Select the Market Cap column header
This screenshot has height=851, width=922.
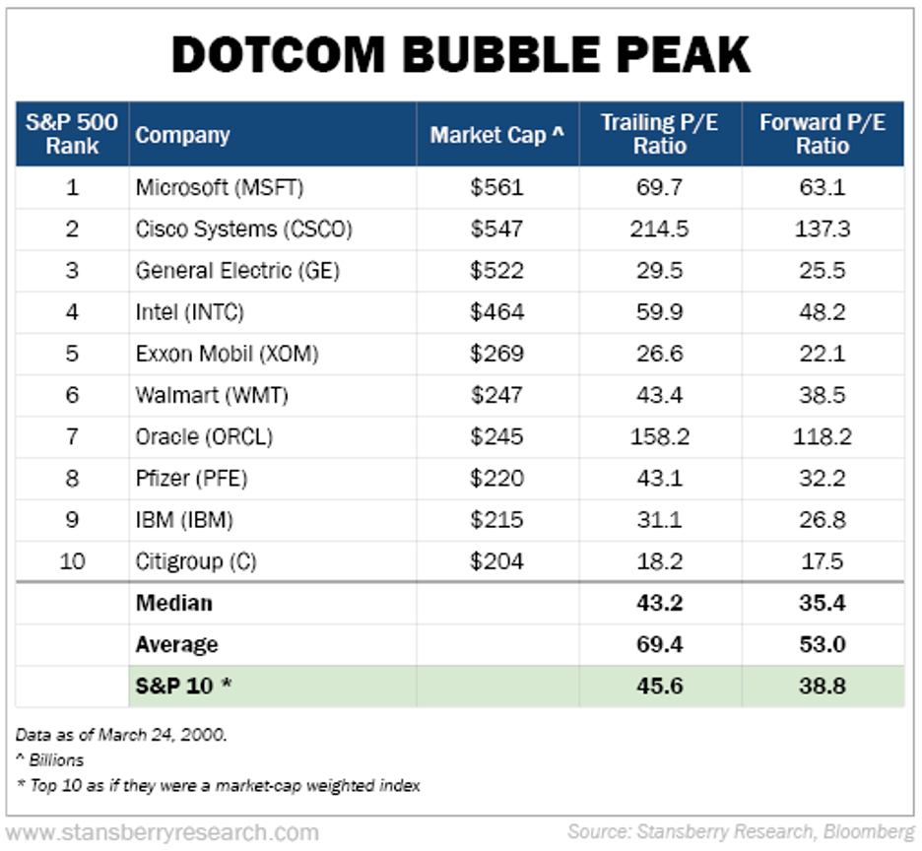496,135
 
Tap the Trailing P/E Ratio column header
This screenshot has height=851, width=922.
659,134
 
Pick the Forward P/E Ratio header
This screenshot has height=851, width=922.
822,134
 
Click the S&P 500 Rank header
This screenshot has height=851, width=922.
71,134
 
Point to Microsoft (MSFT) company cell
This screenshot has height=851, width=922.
220,187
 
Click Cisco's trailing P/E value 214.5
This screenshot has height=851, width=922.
659,229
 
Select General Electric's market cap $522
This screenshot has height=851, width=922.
496,271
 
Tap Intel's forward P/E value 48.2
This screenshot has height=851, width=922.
822,312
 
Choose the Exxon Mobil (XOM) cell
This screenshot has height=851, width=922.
227,354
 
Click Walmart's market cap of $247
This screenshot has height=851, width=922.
496,395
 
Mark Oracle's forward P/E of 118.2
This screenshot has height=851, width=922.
822,436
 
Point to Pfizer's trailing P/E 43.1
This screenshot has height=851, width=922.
659,479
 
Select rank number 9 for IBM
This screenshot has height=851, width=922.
72,520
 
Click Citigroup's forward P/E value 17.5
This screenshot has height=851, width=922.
822,561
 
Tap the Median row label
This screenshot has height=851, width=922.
173,603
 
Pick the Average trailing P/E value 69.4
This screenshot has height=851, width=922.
659,645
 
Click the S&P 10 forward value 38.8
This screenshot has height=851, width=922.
822,687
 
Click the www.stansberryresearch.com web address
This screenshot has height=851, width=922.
163,832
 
